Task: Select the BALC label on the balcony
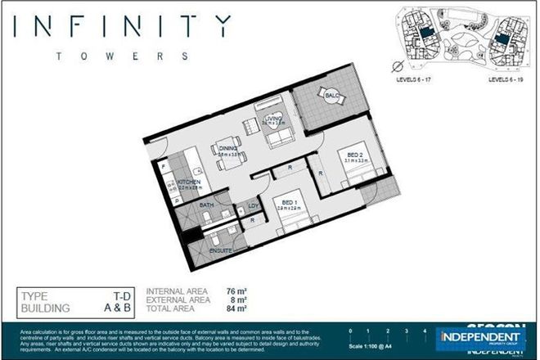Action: coord(332,97)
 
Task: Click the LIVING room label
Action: coord(272,120)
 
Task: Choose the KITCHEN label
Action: coord(189,182)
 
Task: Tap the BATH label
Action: coord(206,205)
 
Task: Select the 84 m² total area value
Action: coord(236,309)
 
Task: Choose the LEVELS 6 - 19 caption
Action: coord(508,80)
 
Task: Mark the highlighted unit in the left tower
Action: coord(426,31)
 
